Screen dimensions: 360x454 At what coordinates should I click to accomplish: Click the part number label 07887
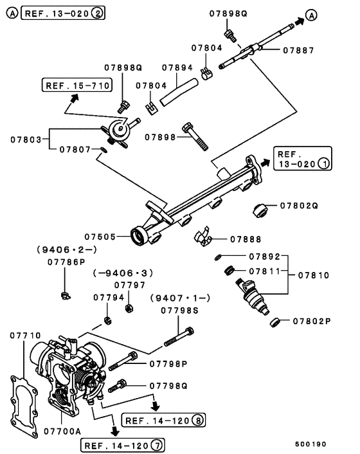298,51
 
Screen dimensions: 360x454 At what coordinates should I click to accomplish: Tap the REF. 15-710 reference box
77,85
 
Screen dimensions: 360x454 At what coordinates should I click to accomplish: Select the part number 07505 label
100,237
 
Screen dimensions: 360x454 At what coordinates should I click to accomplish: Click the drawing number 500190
310,444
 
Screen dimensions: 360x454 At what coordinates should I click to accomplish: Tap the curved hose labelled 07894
179,92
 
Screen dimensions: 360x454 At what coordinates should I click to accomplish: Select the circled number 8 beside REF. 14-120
198,420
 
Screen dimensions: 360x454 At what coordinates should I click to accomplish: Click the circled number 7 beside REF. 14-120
157,445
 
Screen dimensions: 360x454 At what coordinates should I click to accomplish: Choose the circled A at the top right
311,15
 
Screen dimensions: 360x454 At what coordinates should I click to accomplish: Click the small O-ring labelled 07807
104,150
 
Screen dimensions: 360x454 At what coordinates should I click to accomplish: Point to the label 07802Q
299,206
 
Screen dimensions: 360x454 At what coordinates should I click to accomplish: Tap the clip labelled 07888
203,237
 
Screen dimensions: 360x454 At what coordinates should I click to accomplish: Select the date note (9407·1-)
180,298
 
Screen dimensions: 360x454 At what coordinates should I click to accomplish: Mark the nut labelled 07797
129,308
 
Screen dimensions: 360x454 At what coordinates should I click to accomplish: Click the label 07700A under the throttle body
62,431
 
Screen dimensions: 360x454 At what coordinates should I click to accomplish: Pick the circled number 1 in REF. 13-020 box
324,163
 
